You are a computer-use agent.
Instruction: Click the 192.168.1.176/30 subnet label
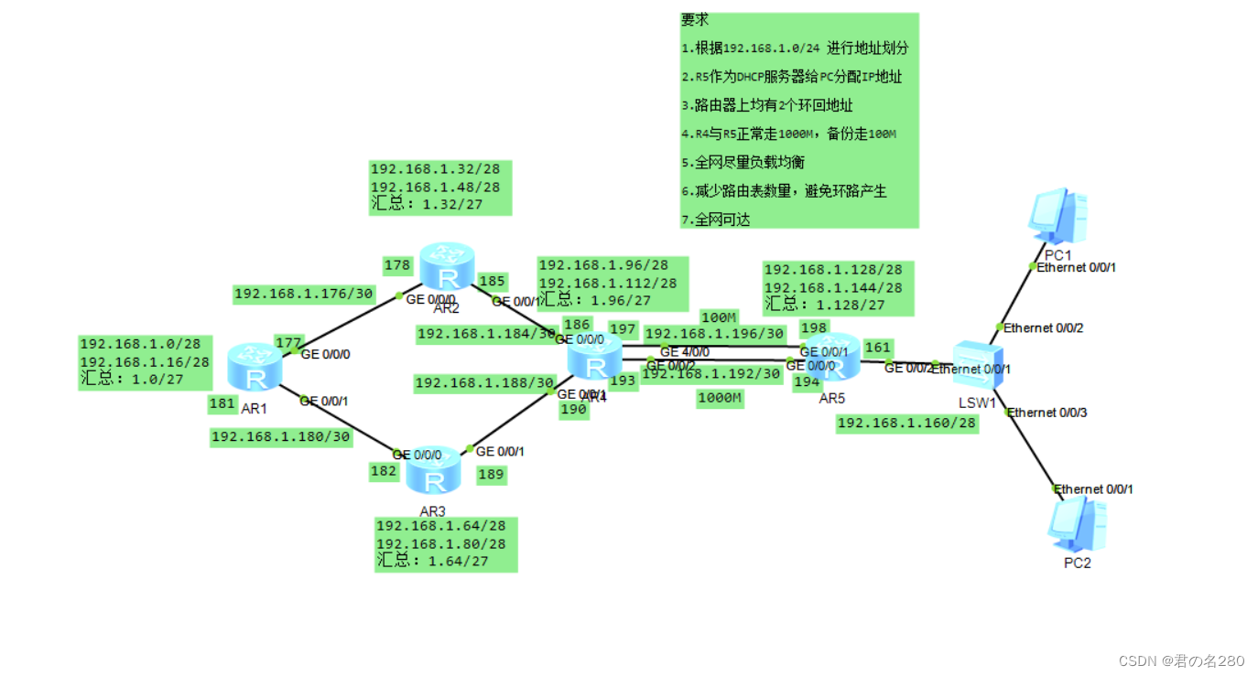tap(303, 294)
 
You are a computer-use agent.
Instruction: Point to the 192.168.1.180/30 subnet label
tap(281, 436)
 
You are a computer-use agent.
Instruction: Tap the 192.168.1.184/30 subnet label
tap(486, 334)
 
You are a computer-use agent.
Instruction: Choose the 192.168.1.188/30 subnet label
tap(484, 382)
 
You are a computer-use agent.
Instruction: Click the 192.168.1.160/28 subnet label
tap(907, 423)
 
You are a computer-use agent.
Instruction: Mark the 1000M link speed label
tap(720, 398)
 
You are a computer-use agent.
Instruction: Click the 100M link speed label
tap(719, 317)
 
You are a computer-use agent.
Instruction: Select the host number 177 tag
tap(288, 343)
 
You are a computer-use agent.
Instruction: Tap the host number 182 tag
tap(384, 471)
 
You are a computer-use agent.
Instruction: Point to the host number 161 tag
tap(877, 348)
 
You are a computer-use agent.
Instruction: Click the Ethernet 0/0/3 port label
tap(1047, 413)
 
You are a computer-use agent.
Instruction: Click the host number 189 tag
tap(491, 474)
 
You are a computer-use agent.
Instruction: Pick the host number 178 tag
tap(397, 265)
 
